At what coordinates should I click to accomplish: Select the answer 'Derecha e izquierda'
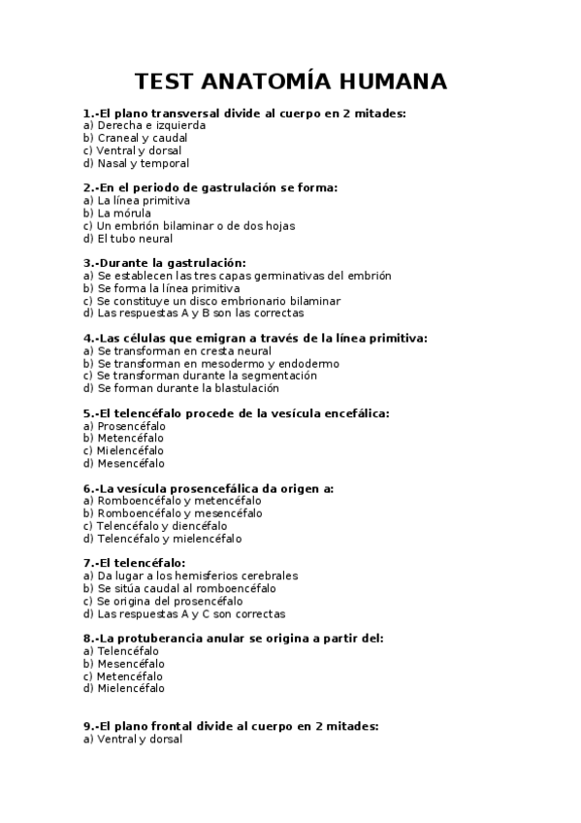pyautogui.click(x=145, y=125)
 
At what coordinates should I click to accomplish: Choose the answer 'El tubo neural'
pyautogui.click(x=128, y=238)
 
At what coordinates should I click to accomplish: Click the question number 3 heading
pyautogui.click(x=165, y=263)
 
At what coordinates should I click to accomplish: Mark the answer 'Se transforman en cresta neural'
pyautogui.click(x=178, y=350)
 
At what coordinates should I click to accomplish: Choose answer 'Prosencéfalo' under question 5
pyautogui.click(x=131, y=426)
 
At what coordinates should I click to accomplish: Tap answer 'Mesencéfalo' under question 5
pyautogui.click(x=131, y=464)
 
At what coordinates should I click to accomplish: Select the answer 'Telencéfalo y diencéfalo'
pyautogui.click(x=162, y=526)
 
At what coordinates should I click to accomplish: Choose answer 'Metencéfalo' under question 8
pyautogui.click(x=130, y=676)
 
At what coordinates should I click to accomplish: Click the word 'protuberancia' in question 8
pyautogui.click(x=173, y=639)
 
